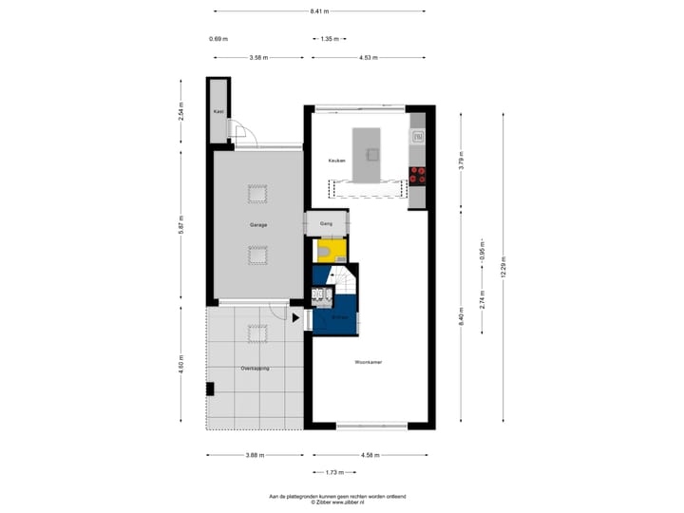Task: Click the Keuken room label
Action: (336, 161)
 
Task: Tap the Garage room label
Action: (257, 225)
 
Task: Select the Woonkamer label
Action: (368, 362)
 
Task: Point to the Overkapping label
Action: (255, 368)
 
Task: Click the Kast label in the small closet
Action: (218, 112)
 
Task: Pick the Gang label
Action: (326, 225)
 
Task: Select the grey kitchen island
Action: (367, 154)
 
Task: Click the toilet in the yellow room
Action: (326, 251)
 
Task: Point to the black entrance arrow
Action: (295, 320)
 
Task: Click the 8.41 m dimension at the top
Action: (319, 11)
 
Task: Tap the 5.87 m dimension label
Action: (180, 224)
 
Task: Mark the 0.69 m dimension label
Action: (218, 39)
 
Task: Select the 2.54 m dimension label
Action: (180, 111)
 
